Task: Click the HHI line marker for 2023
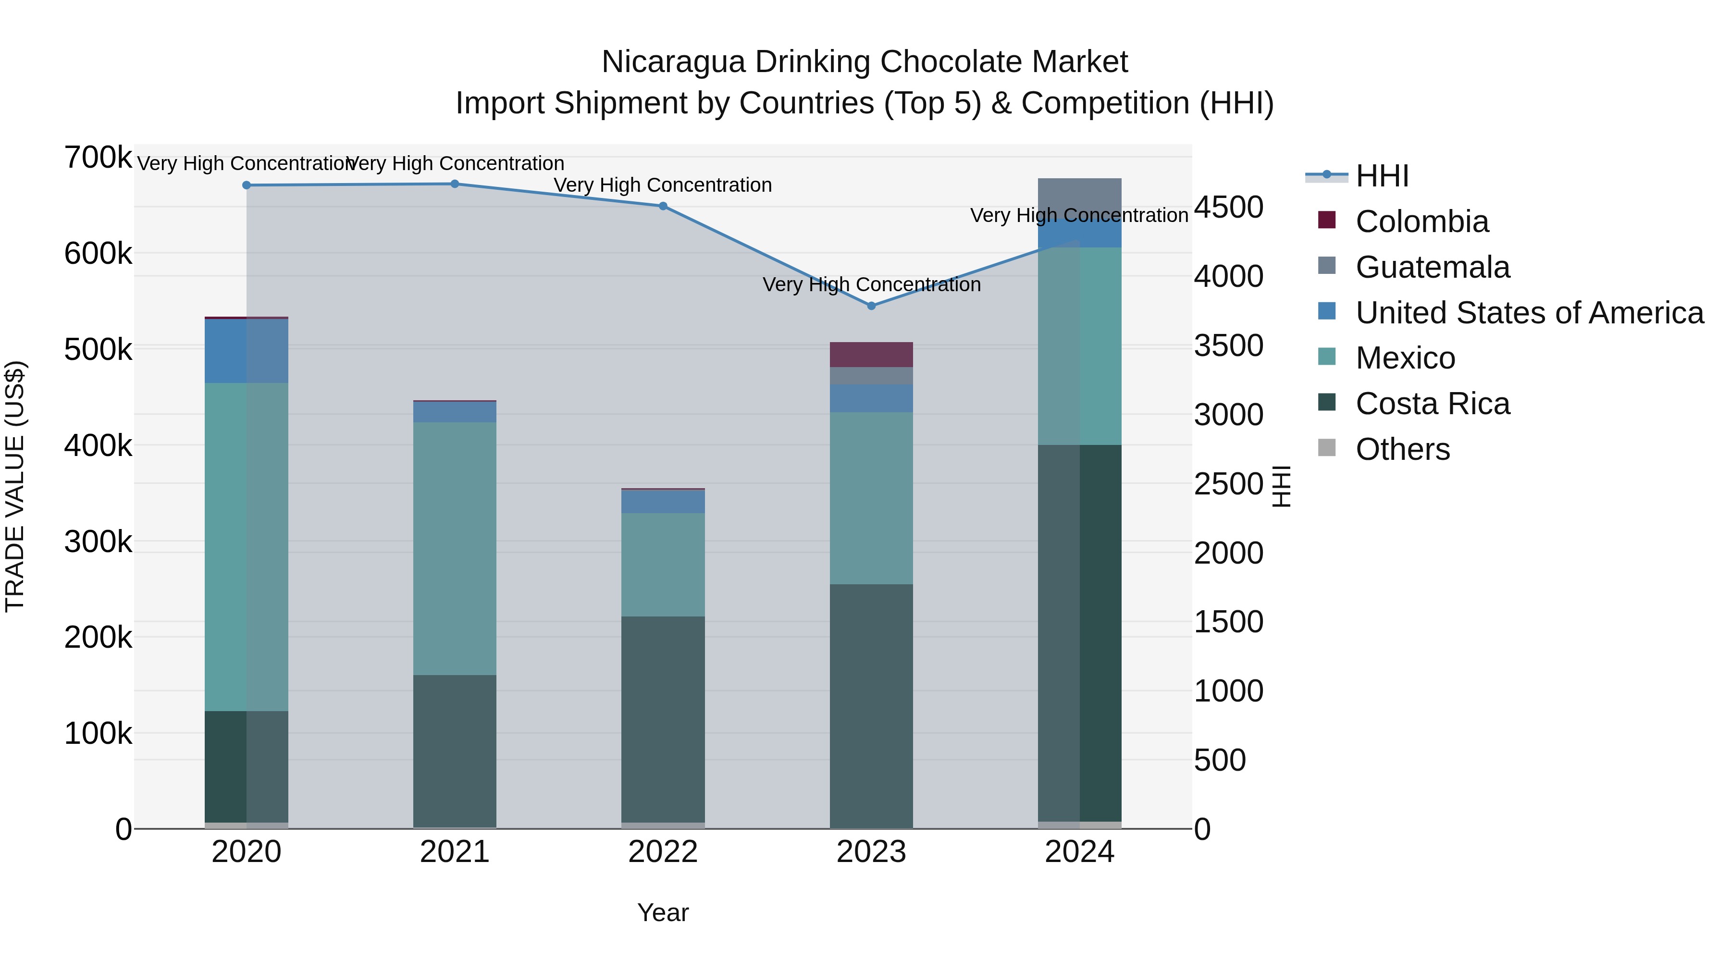coord(871,306)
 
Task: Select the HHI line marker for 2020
coord(247,185)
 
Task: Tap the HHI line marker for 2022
coord(663,206)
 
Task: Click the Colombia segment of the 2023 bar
coord(871,355)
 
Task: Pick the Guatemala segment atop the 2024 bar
coord(1079,196)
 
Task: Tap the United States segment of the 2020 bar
coord(247,351)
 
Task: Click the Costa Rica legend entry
coord(1432,404)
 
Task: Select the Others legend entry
coord(1402,449)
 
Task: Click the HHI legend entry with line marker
coord(1382,176)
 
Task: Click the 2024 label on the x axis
coord(1079,852)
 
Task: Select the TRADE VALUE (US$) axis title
coord(15,486)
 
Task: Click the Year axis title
coord(663,912)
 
